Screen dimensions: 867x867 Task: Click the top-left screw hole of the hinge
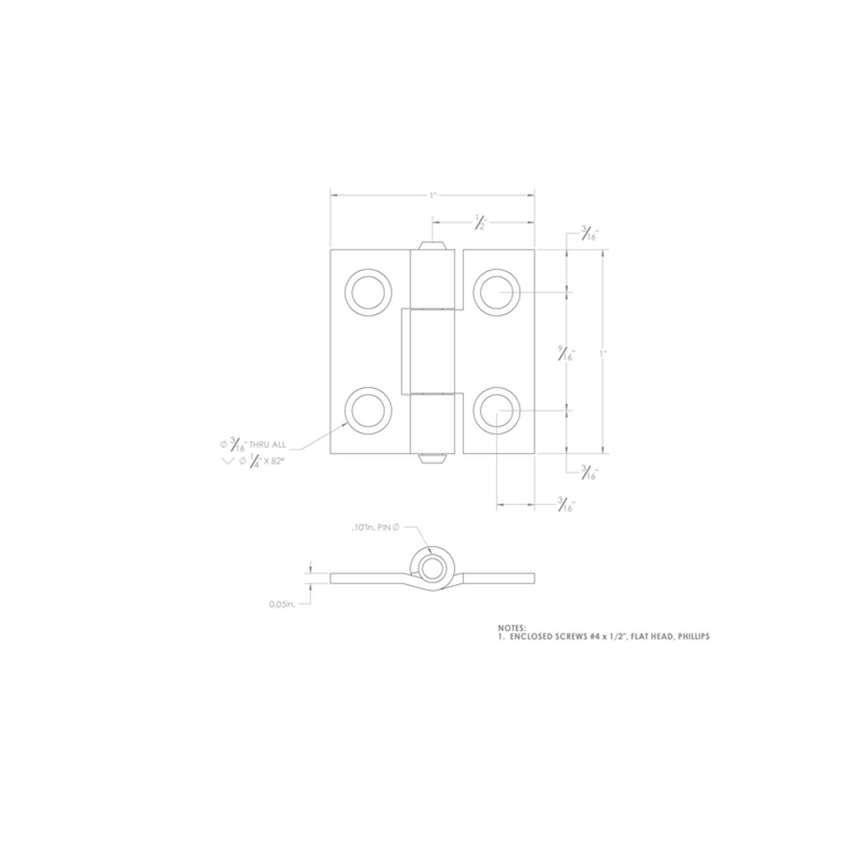pyautogui.click(x=368, y=292)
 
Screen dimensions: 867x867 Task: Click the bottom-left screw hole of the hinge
pyautogui.click(x=368, y=410)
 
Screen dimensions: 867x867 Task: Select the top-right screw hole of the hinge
pyautogui.click(x=497, y=292)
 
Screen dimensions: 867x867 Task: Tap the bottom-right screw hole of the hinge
pyautogui.click(x=497, y=410)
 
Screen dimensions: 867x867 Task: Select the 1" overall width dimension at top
pyautogui.click(x=432, y=195)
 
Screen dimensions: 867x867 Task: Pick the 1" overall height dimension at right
pyautogui.click(x=603, y=353)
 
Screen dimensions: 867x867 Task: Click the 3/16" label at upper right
pyautogui.click(x=589, y=235)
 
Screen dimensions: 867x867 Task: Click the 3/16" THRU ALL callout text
pyautogui.click(x=253, y=444)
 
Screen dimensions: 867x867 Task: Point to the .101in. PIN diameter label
pyautogui.click(x=375, y=527)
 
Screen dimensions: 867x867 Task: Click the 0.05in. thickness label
pyautogui.click(x=282, y=605)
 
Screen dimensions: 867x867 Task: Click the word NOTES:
pyautogui.click(x=512, y=628)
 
